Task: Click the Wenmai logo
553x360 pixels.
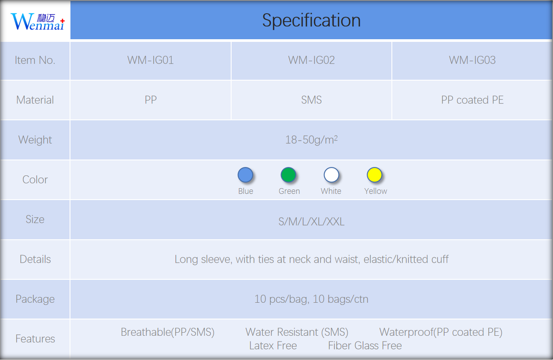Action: (x=37, y=22)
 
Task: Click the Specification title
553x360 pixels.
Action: (x=311, y=20)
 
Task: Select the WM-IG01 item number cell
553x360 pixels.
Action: (x=150, y=60)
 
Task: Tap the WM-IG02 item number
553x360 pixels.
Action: (x=311, y=60)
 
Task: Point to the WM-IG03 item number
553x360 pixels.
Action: (x=472, y=60)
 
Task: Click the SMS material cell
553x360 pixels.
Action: (x=311, y=100)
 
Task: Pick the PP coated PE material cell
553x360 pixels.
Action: (x=472, y=100)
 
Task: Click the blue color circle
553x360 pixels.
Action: (x=245, y=175)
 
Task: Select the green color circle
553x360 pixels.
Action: (x=288, y=175)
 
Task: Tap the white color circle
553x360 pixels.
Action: (x=331, y=175)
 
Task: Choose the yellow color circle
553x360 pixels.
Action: (x=374, y=175)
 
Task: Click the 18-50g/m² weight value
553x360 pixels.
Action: (x=311, y=140)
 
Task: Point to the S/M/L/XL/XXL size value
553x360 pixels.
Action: (x=311, y=222)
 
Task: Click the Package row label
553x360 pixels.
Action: (x=35, y=299)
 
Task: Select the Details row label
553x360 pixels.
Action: (x=35, y=259)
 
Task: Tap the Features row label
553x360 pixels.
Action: (x=35, y=339)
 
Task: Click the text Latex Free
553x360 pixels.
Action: (x=273, y=345)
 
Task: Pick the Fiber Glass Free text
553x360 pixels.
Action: (x=365, y=345)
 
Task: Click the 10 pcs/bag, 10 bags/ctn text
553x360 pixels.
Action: (x=311, y=299)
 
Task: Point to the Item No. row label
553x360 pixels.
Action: (x=35, y=60)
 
